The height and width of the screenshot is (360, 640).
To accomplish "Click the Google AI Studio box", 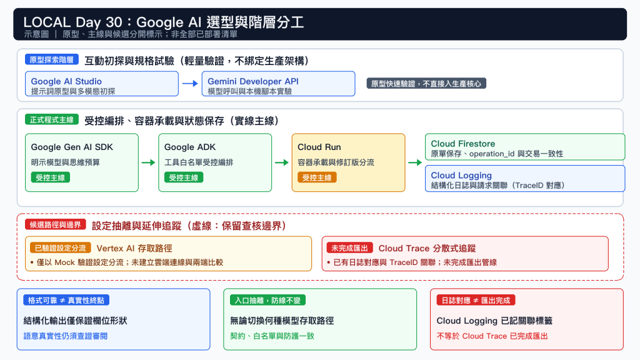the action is (102, 84).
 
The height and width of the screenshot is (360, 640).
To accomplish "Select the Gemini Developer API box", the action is (278, 84).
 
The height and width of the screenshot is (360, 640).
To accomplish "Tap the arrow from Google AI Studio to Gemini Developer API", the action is (190, 84).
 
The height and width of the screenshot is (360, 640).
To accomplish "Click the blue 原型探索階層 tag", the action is (51, 59).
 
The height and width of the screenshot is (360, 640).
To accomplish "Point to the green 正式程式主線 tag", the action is (51, 119).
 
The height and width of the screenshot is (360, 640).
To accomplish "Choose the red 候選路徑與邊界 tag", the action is (56, 224).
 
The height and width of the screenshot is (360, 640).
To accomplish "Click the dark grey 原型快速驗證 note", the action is (426, 84).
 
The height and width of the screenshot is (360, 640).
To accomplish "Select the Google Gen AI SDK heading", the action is (72, 147).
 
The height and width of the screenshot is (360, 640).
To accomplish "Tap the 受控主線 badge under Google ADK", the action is (184, 177).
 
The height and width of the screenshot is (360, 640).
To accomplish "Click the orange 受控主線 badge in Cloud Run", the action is (317, 177).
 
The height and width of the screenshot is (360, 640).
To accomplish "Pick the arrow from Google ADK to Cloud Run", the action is (282, 162).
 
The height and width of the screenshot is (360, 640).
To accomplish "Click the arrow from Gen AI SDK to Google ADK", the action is (149, 162).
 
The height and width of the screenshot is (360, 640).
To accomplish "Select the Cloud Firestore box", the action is (525, 147).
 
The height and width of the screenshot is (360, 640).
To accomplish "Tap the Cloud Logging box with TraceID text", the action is (525, 178).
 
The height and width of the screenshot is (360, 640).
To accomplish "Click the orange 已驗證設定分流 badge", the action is (61, 247).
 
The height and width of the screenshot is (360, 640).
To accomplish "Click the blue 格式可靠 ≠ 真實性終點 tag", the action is (66, 301).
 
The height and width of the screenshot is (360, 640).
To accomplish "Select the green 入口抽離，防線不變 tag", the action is (267, 301).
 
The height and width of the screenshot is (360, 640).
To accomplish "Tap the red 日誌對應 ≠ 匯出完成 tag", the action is (476, 301).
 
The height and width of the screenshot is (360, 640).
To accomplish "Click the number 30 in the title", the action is (114, 22).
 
